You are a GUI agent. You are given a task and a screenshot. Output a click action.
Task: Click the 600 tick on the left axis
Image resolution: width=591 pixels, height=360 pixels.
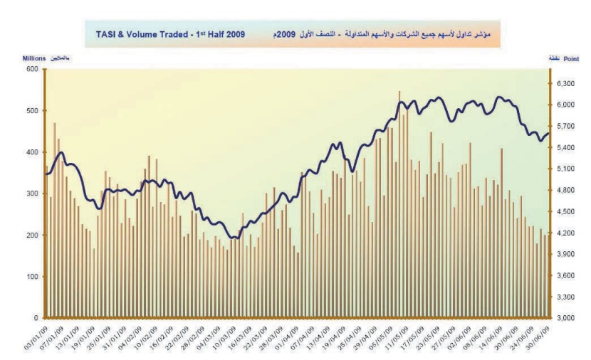click(x=32, y=69)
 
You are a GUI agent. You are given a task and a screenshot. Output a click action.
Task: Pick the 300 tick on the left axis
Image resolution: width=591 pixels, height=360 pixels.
click(x=32, y=194)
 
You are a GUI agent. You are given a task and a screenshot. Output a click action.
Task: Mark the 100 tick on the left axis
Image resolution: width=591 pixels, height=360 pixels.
click(x=32, y=277)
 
